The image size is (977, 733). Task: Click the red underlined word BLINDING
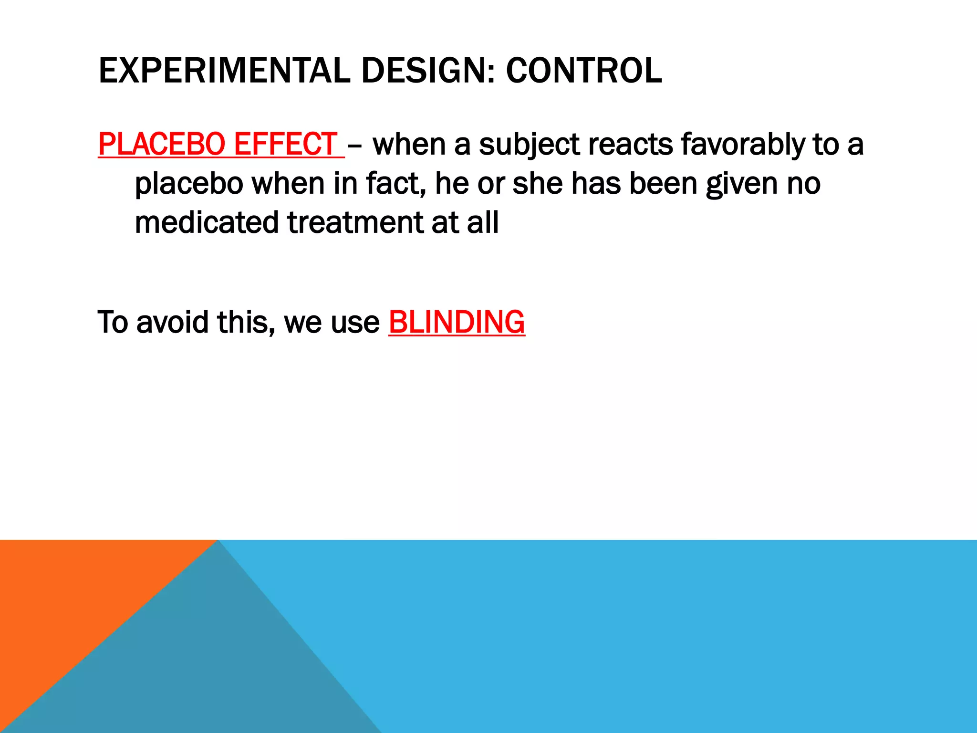tap(457, 322)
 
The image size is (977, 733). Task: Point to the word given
tap(742, 184)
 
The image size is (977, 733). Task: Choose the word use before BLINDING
tap(355, 323)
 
